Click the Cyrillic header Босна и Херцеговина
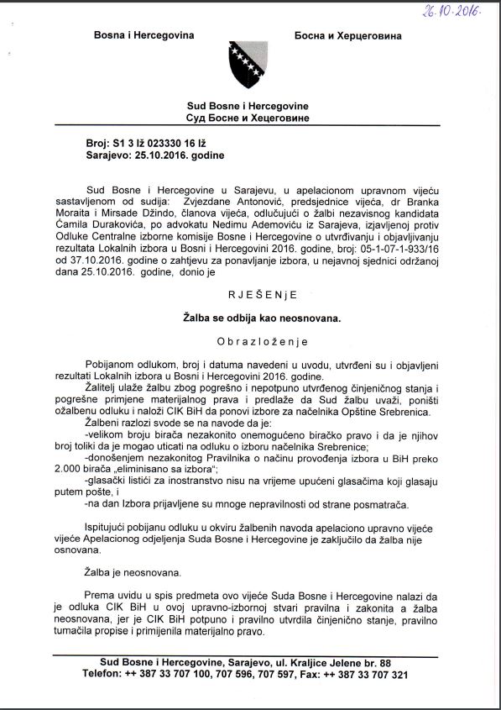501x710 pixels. click(348, 37)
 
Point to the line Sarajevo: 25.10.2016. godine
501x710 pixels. click(156, 156)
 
